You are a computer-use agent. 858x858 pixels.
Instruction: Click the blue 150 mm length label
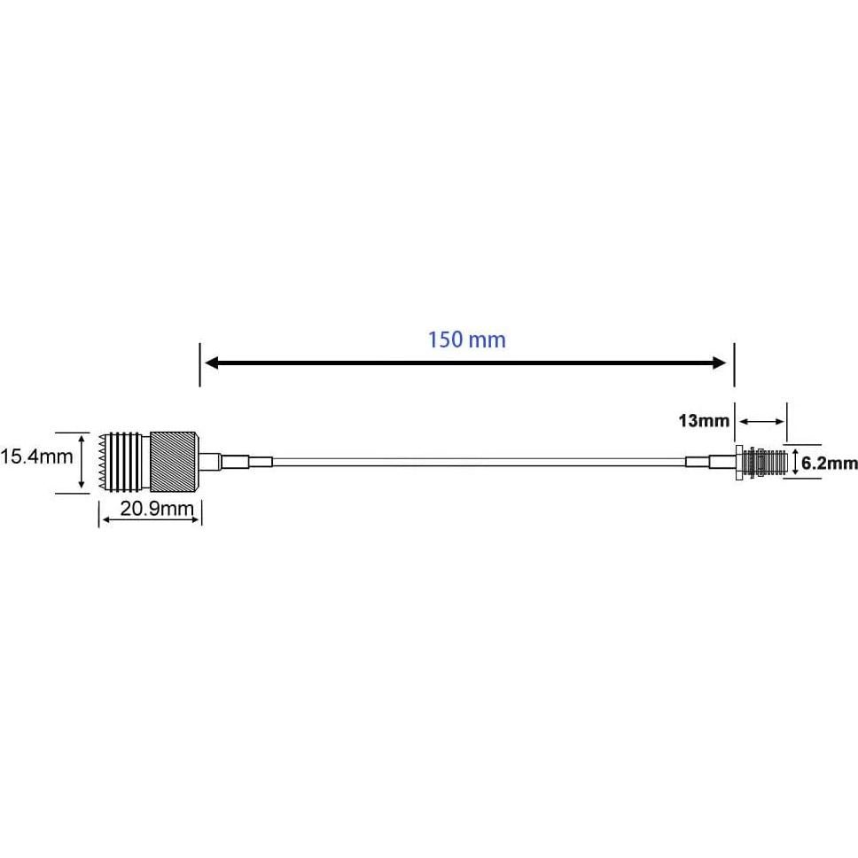pos(466,339)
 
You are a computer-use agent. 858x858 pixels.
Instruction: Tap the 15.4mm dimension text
pos(36,457)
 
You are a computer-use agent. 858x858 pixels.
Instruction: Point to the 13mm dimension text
pos(704,420)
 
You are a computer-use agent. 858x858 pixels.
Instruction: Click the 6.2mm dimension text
pos(830,463)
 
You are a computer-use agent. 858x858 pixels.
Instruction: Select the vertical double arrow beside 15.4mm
pos(82,462)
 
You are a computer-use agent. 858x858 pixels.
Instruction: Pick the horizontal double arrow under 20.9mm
pos(150,521)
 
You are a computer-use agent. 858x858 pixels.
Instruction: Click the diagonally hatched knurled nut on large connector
pos(175,461)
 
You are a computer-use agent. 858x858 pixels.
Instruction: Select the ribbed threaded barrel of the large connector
pos(129,461)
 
